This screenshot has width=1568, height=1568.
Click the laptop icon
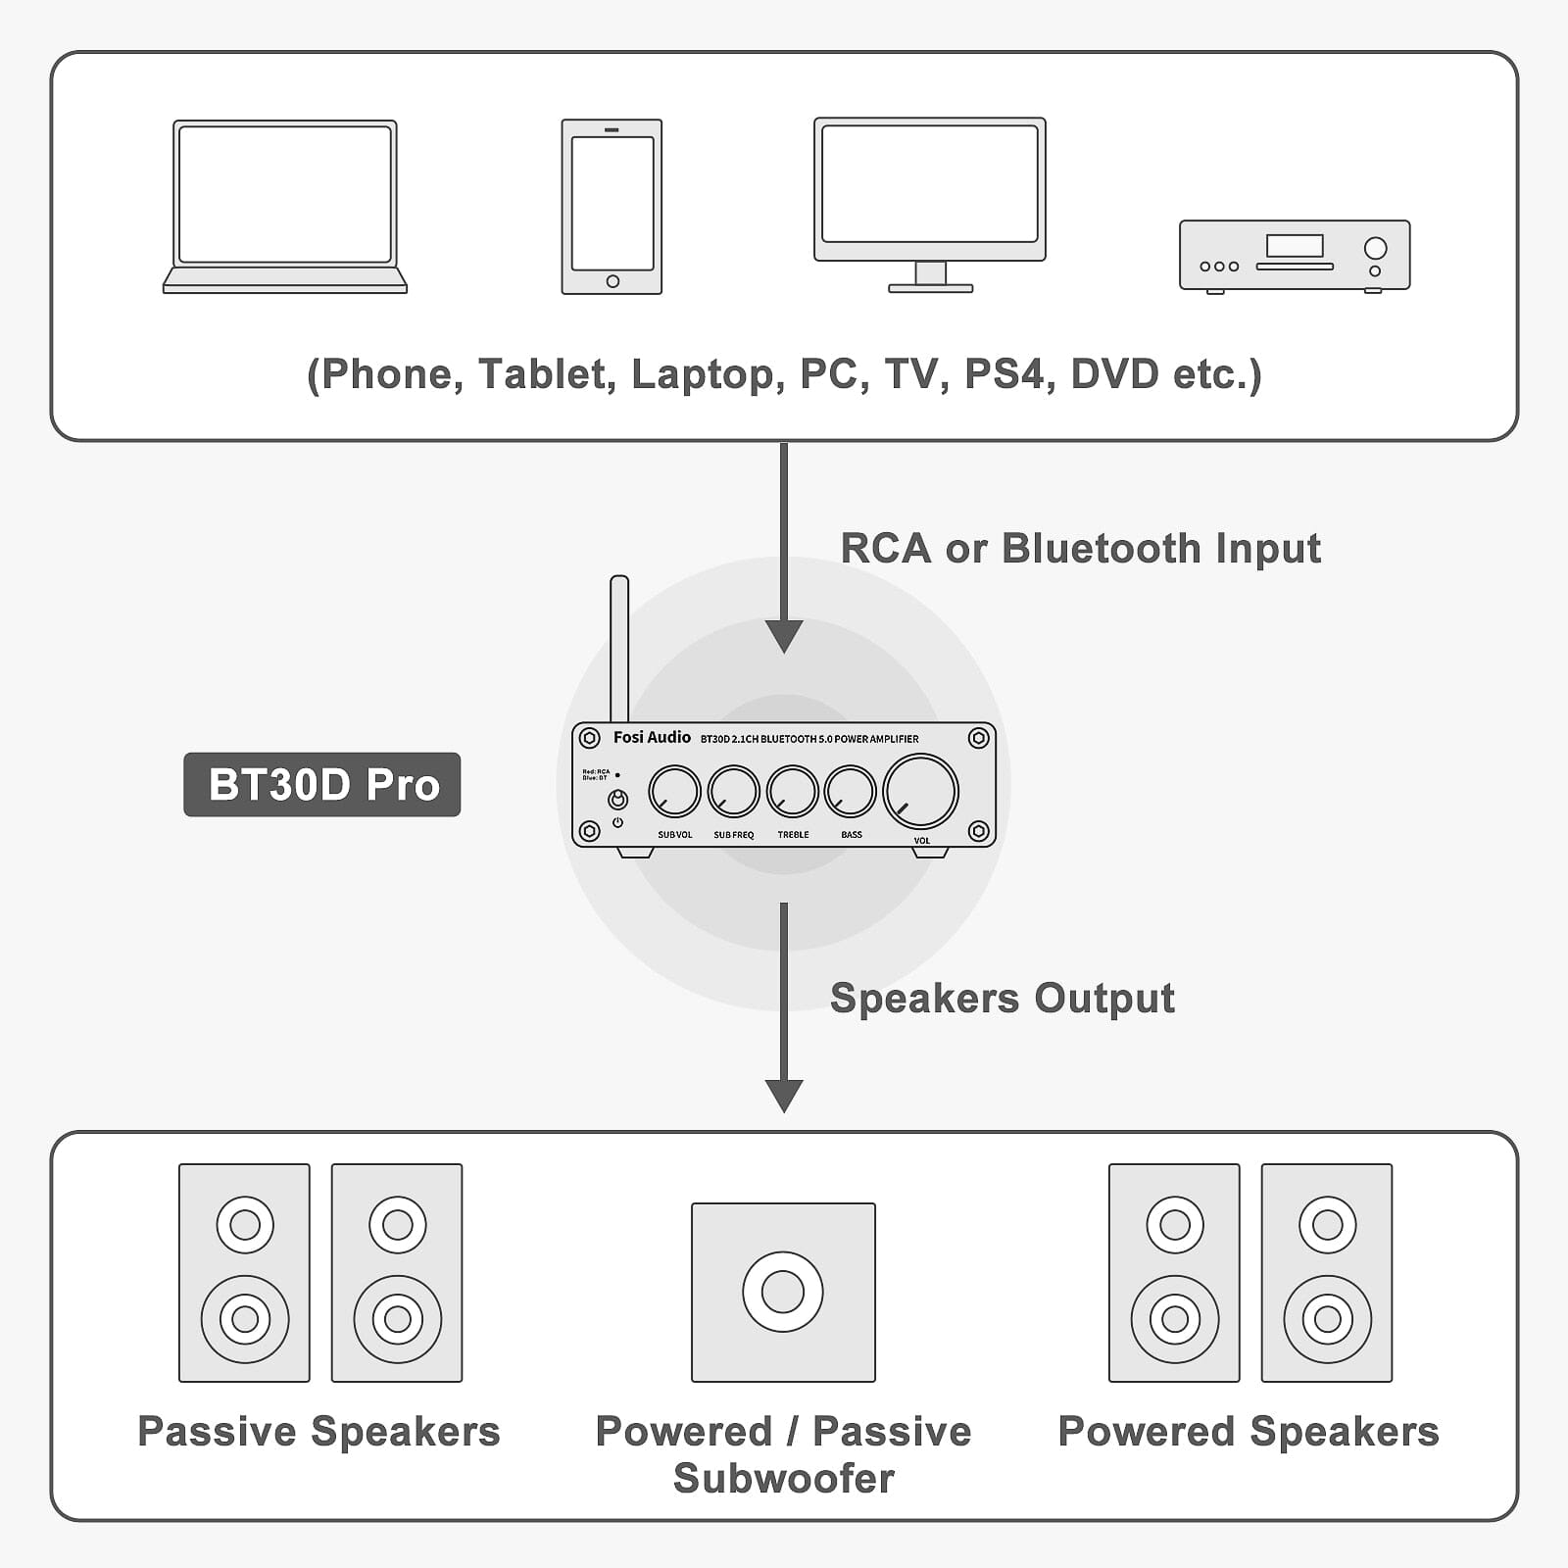284,206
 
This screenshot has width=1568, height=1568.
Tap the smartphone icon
612,206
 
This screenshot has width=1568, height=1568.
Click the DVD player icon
1294,255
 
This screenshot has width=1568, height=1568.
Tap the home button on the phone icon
612,281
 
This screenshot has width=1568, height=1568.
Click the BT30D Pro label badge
321,784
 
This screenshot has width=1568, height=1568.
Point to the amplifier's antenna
618,647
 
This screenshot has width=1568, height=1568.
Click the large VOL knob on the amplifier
920,792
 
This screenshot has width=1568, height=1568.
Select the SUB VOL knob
674,792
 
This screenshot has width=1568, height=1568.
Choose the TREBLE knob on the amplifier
792,792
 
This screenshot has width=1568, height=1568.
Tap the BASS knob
850,792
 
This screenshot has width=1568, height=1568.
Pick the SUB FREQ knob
733,792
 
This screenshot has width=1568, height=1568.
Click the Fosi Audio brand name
652,737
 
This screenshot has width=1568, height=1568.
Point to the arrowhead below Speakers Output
783,1095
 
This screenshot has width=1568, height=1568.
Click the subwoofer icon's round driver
782,1292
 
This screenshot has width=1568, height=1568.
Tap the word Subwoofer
783,1478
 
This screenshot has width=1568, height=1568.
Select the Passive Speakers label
318,1432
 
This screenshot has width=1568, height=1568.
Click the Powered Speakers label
1249,1432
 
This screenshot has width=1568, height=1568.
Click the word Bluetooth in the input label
1101,548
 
